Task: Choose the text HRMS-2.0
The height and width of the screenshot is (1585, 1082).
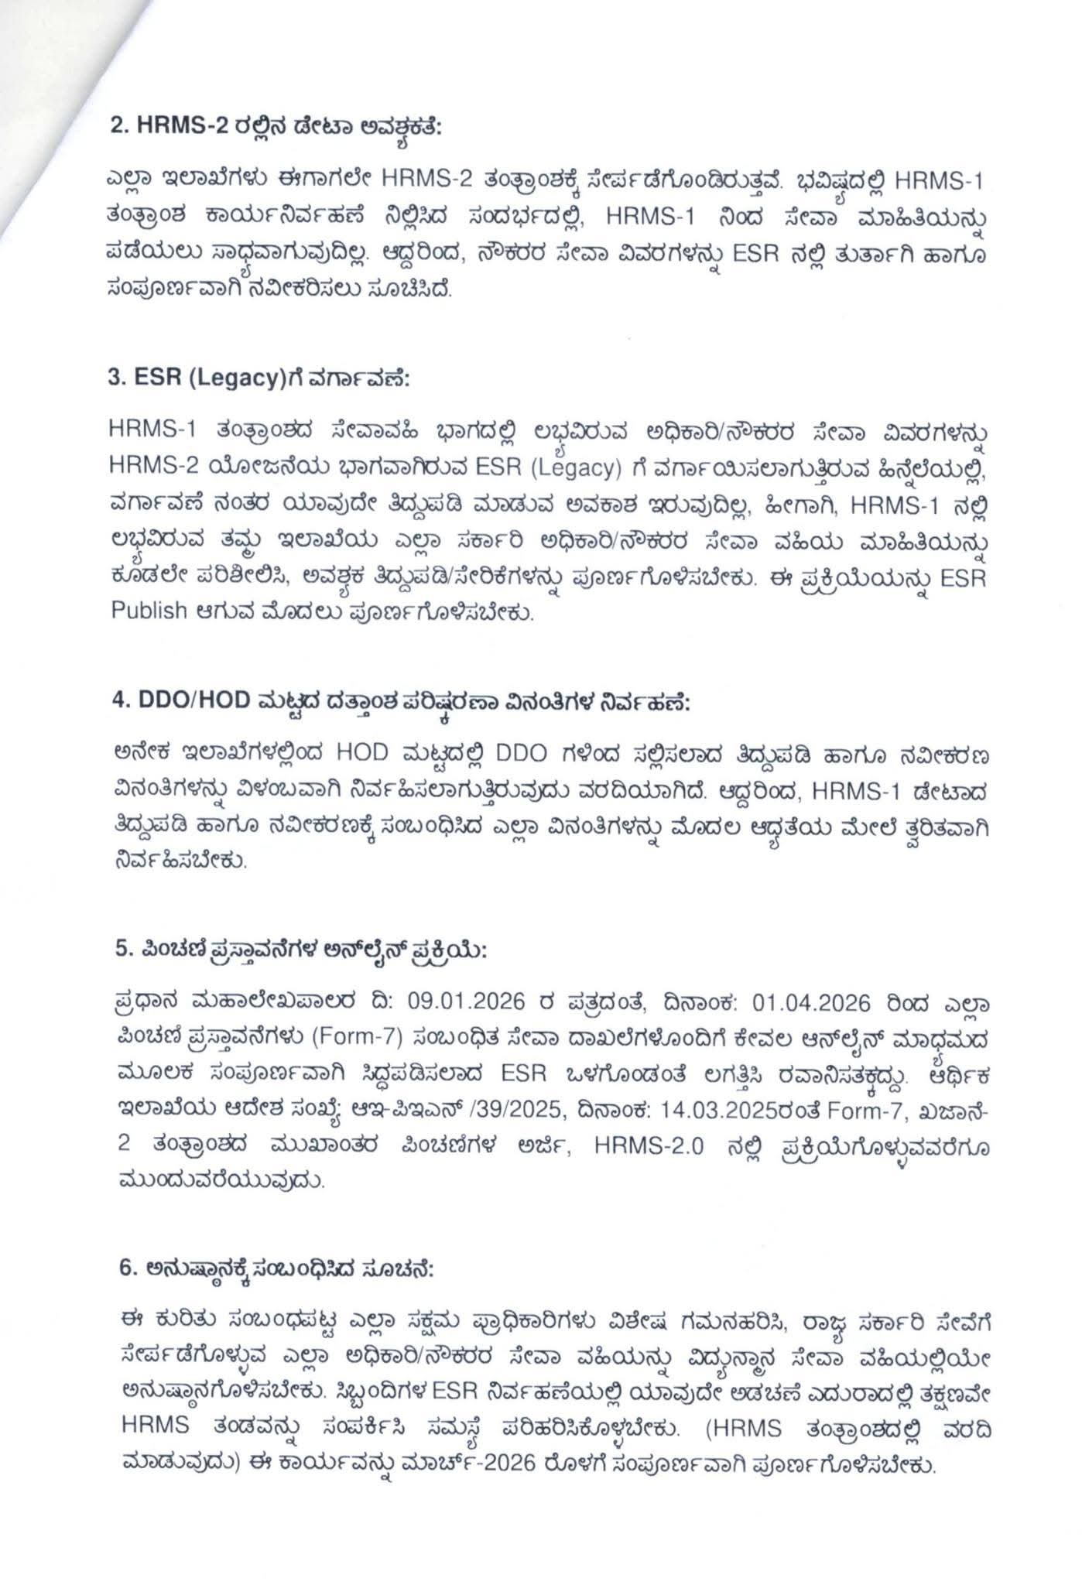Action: [649, 1148]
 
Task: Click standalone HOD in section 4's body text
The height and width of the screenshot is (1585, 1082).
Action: [372, 754]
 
